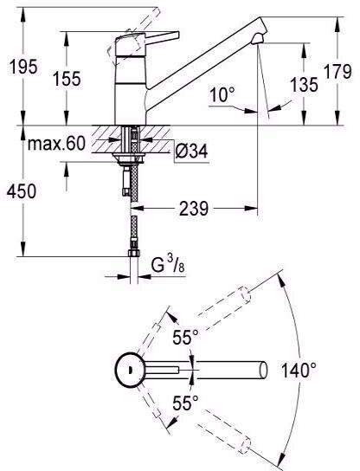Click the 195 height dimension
(x=23, y=67)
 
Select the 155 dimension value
(x=67, y=79)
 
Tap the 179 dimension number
(x=337, y=72)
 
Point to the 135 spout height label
(x=304, y=84)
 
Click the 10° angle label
(x=222, y=94)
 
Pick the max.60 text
(x=57, y=144)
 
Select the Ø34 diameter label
(x=191, y=151)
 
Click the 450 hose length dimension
(x=22, y=191)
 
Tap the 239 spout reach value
(x=193, y=209)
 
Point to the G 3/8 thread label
(x=168, y=265)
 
